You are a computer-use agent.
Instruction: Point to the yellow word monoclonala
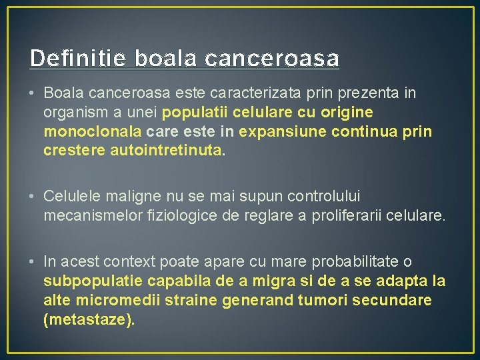[91, 131]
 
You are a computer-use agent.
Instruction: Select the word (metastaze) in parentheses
[89, 320]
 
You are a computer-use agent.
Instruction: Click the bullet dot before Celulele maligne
[33, 197]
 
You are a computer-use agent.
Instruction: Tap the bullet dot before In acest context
[33, 262]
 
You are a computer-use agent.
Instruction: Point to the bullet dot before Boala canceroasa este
[33, 93]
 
